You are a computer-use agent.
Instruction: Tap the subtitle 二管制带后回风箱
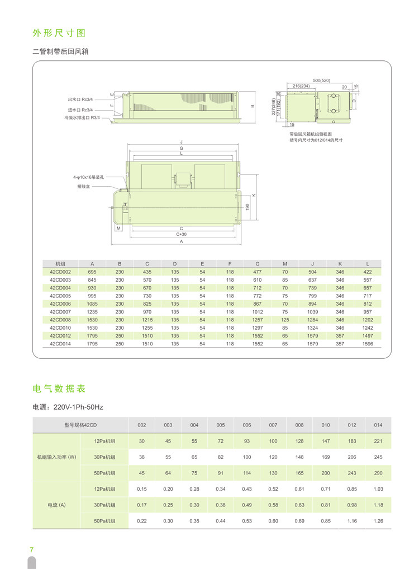pos(60,52)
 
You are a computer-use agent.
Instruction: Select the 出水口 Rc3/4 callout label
pos(80,99)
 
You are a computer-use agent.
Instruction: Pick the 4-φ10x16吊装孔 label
pos(91,177)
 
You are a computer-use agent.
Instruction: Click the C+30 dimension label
pos(181,234)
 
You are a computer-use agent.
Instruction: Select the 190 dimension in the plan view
pos(247,206)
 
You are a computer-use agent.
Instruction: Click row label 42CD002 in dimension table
pos(60,272)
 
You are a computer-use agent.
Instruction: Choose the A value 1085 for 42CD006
pos(92,304)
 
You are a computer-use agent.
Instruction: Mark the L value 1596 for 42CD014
pos(367,344)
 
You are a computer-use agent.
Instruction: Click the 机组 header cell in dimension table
pos(60,263)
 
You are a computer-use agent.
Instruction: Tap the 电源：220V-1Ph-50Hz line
pos(68,407)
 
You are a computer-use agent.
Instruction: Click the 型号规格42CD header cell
pos(80,425)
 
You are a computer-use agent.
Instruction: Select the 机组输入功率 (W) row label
pos(56,457)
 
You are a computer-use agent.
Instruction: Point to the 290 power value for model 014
pos(378,473)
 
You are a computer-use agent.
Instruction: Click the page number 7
pos(32,549)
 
